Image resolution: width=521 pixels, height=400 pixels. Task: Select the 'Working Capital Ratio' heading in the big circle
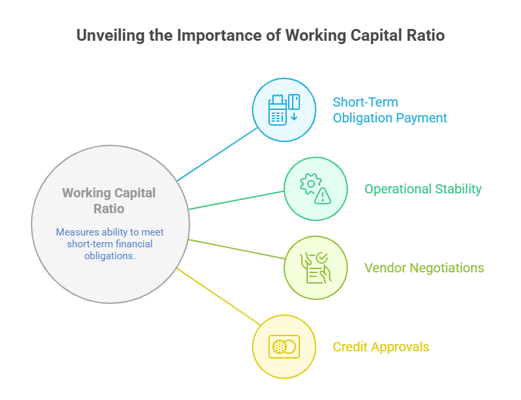click(109, 201)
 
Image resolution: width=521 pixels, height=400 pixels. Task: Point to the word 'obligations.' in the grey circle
click(109, 256)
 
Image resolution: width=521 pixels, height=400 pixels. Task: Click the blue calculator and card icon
click(284, 110)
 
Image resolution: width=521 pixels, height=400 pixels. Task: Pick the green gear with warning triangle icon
click(315, 189)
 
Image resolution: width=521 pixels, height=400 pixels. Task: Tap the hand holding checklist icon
click(315, 268)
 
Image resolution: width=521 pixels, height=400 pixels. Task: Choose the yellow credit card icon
click(284, 347)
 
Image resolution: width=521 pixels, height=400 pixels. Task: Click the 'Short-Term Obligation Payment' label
click(389, 110)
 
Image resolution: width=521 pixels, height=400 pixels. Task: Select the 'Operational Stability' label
click(423, 189)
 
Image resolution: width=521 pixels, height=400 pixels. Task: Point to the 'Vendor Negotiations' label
click(424, 268)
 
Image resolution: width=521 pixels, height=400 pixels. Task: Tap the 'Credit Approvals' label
click(381, 347)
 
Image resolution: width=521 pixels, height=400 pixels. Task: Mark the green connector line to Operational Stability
click(237, 200)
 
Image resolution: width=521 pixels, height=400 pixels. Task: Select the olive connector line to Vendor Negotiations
click(237, 249)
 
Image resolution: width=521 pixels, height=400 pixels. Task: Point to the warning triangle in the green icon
click(322, 195)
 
